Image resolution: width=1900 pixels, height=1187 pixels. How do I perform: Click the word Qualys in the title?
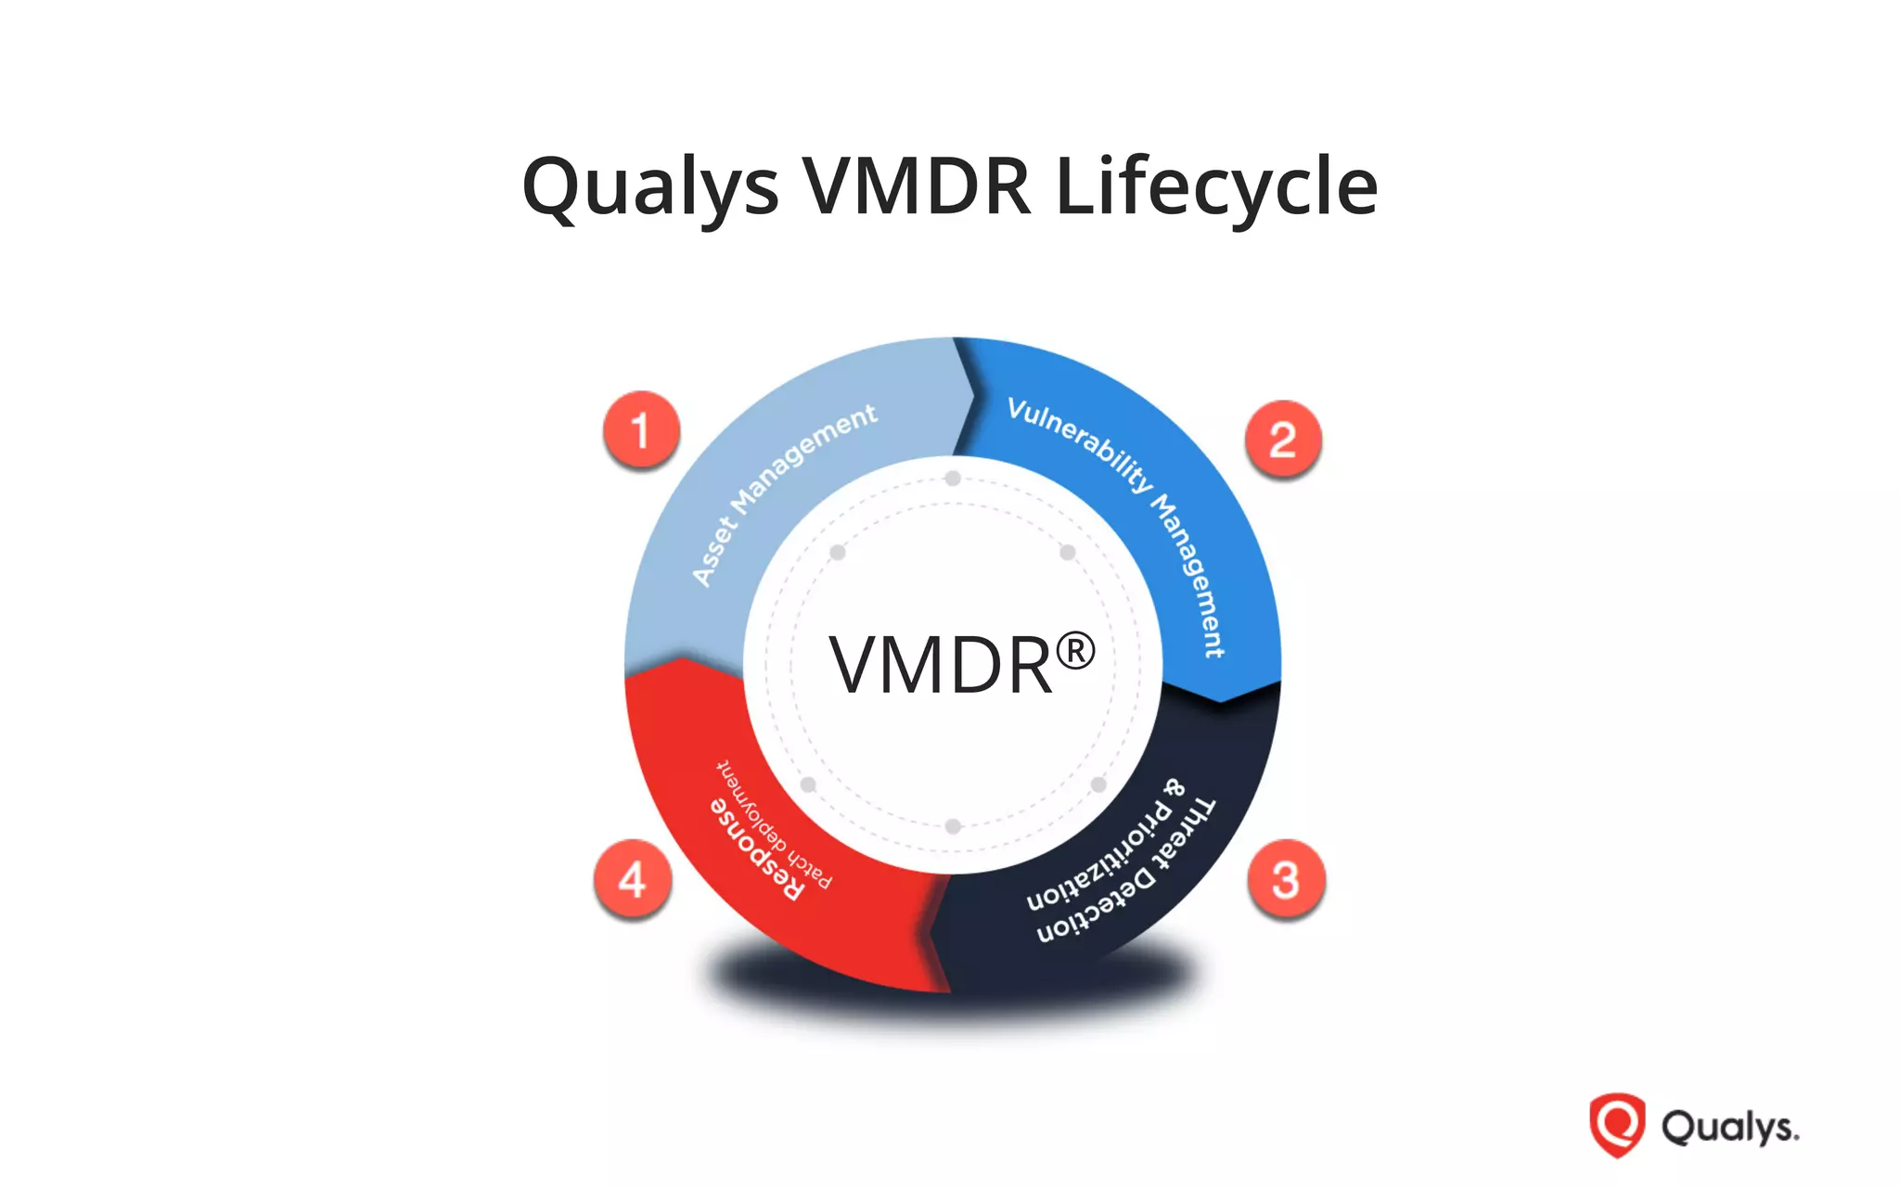[x=649, y=187]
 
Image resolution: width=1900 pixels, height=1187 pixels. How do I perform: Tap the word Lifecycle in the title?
[x=1216, y=187]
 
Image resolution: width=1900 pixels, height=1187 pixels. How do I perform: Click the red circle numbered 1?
[x=641, y=430]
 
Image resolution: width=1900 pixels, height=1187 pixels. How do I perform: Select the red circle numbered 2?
[x=1283, y=440]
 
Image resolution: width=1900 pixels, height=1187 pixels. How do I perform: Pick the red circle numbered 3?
[x=1286, y=879]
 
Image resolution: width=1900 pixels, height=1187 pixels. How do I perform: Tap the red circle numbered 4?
[x=633, y=879]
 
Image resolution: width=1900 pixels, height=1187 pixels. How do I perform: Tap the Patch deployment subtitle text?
[x=774, y=823]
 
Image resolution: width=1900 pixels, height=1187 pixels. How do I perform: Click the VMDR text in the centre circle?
[x=941, y=665]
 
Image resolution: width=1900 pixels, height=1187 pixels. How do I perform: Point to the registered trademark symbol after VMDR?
[x=1075, y=651]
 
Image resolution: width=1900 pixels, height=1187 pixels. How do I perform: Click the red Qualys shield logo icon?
[x=1617, y=1125]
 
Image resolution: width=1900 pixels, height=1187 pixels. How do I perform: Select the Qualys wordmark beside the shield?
[x=1729, y=1128]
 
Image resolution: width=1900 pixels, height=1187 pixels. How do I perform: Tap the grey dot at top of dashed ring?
[x=953, y=479]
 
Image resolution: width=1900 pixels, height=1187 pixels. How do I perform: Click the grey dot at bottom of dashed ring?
[x=953, y=826]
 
